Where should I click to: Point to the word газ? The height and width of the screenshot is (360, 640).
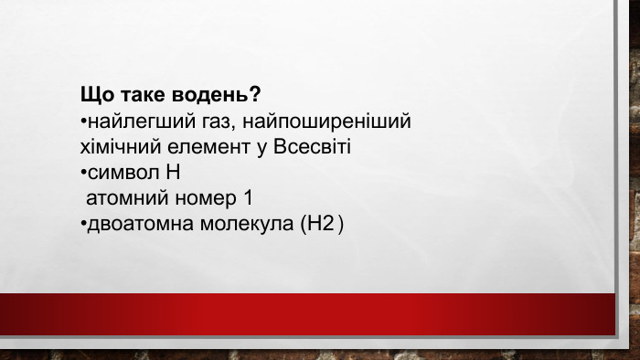pyautogui.click(x=199, y=122)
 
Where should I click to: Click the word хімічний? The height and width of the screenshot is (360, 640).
pyautogui.click(x=117, y=147)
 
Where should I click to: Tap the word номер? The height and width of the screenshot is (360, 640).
pyautogui.click(x=201, y=198)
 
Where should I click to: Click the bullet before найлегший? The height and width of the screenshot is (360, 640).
pyautogui.click(x=82, y=122)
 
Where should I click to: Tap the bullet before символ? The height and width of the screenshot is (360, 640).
pyautogui.click(x=82, y=174)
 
